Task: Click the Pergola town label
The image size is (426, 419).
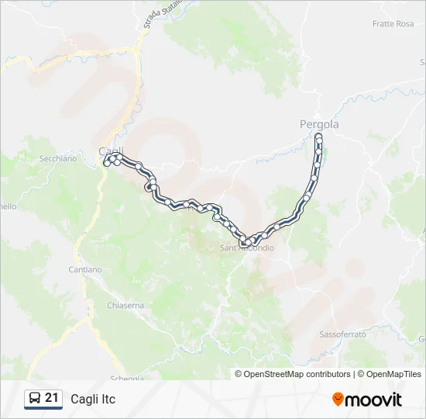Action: (x=319, y=124)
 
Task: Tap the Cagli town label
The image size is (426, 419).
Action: (x=111, y=151)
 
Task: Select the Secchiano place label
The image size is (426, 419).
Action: (x=58, y=158)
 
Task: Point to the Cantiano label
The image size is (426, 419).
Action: (x=84, y=269)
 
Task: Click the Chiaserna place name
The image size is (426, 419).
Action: (x=126, y=305)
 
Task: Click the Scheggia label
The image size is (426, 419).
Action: (x=128, y=378)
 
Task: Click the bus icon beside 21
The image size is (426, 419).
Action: (x=34, y=399)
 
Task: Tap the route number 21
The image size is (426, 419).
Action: (x=52, y=398)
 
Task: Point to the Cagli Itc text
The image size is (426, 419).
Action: (x=93, y=400)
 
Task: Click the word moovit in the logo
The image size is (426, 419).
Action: (x=374, y=400)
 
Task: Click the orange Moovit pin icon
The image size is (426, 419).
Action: (x=338, y=400)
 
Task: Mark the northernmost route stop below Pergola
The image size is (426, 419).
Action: (x=319, y=137)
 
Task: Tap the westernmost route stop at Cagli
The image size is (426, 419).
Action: (x=106, y=162)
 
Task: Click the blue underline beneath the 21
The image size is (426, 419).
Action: (x=43, y=409)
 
